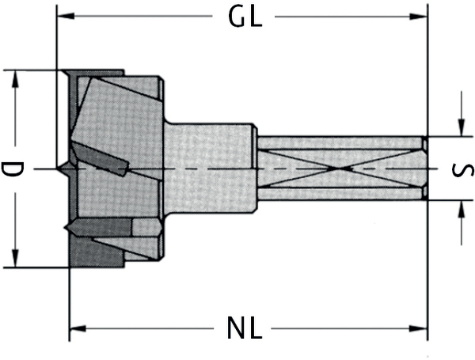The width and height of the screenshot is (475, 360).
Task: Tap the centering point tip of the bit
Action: pos(62,169)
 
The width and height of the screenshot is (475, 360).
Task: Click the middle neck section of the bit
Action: pos(210,169)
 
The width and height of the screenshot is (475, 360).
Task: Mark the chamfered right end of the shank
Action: pos(424,169)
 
